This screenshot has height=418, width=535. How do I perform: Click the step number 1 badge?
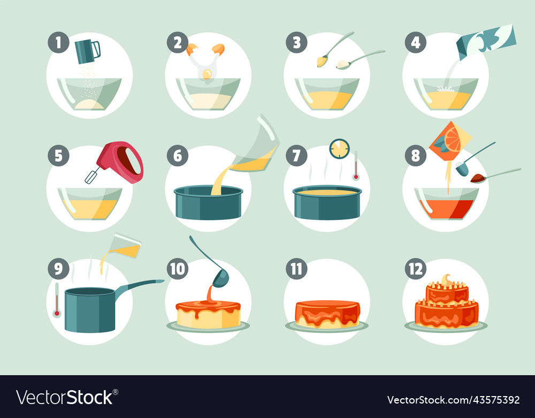tap(58, 42)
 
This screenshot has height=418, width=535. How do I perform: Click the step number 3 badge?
tap(296, 42)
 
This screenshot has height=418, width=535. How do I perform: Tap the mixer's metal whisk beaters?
tap(93, 176)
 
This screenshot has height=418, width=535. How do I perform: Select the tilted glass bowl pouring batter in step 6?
tap(257, 144)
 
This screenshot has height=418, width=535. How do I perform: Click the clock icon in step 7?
tap(339, 148)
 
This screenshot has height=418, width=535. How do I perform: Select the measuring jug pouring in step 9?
tap(124, 246)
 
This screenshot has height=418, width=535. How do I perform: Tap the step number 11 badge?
tap(296, 269)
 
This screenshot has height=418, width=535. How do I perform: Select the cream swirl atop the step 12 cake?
tap(446, 280)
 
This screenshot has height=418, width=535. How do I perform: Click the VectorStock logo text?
tap(65, 397)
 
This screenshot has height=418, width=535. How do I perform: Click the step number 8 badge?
tap(415, 155)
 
